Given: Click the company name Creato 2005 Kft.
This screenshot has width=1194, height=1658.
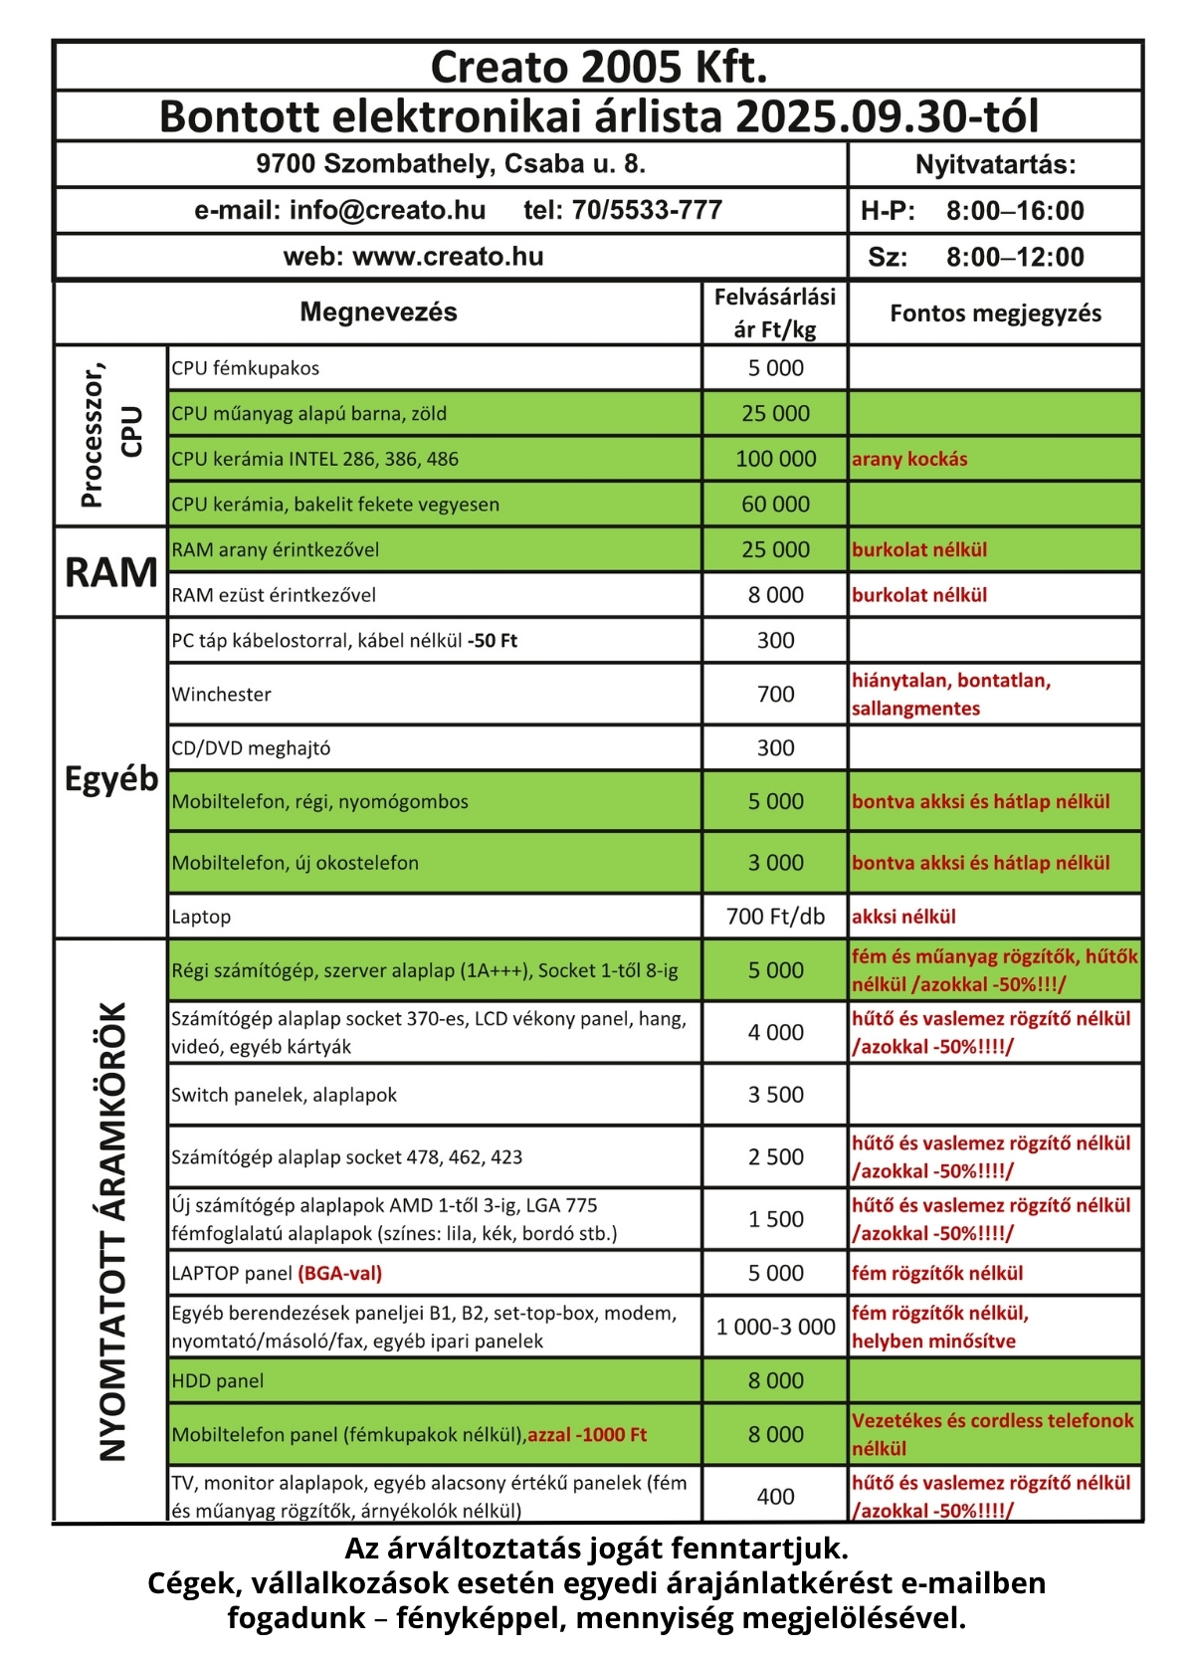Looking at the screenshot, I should click(x=598, y=67).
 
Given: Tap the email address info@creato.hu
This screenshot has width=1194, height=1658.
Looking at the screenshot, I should click(x=387, y=210).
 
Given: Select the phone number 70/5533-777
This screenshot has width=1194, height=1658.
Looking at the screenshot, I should click(x=647, y=210).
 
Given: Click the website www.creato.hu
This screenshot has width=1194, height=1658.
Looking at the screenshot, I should click(x=448, y=257).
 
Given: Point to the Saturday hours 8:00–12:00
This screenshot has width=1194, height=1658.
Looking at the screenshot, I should click(x=1015, y=258).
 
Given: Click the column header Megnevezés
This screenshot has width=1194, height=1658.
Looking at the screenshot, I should click(x=378, y=312).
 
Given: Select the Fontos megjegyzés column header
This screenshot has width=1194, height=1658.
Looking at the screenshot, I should click(x=995, y=313).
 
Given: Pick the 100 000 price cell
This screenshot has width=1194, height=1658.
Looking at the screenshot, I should click(x=775, y=459).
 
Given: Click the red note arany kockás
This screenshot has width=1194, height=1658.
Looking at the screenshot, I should click(x=909, y=459).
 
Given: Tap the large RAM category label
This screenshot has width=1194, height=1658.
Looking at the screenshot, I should click(x=111, y=572).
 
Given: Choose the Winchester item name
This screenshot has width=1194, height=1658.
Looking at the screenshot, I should click(x=221, y=695).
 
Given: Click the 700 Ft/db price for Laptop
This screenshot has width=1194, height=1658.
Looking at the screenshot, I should click(x=775, y=917).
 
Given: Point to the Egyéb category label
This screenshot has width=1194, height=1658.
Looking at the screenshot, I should click(x=111, y=778).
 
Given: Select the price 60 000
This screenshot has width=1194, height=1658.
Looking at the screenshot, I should click(x=775, y=505).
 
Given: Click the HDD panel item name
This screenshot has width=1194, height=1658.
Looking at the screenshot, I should click(x=218, y=1381).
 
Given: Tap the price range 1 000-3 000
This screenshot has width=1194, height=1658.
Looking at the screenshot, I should click(x=775, y=1327).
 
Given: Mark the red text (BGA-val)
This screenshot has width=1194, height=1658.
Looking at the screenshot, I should click(x=339, y=1273).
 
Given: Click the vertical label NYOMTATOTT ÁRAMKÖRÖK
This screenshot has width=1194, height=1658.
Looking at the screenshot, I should click(x=113, y=1231).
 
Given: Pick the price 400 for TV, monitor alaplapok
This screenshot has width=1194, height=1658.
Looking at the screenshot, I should click(x=775, y=1497).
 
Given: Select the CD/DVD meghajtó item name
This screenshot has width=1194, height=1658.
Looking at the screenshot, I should click(x=251, y=748).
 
